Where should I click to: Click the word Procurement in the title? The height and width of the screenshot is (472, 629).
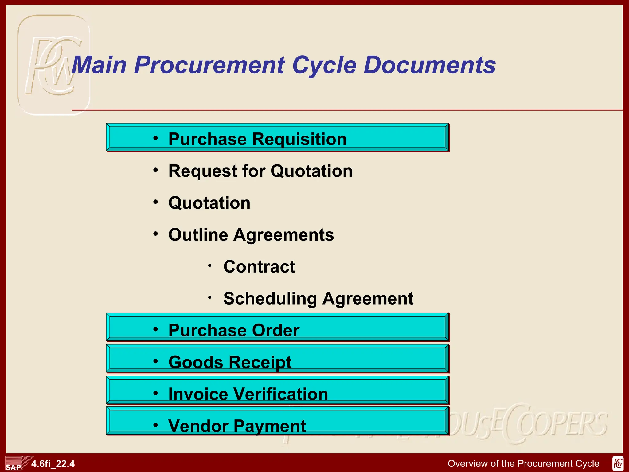[x=209, y=65]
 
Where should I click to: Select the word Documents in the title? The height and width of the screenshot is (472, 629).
[x=430, y=65]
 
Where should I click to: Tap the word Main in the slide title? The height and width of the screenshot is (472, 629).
[x=99, y=65]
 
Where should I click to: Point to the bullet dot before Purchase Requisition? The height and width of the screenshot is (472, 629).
[x=156, y=138]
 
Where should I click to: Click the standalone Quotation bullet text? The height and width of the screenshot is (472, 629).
[x=209, y=203]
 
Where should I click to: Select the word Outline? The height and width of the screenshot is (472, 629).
[x=198, y=235]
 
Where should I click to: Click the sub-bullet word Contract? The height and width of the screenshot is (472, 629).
[x=259, y=267]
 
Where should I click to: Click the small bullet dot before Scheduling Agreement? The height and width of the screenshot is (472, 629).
[x=209, y=297]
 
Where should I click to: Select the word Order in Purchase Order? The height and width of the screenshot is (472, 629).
[x=275, y=331]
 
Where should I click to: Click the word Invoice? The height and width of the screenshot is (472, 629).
[x=198, y=394]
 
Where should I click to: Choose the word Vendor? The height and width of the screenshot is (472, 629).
[x=198, y=426]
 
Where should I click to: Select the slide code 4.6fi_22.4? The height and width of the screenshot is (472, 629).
[x=53, y=464]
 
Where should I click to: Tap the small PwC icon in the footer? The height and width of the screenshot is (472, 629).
[x=618, y=464]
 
